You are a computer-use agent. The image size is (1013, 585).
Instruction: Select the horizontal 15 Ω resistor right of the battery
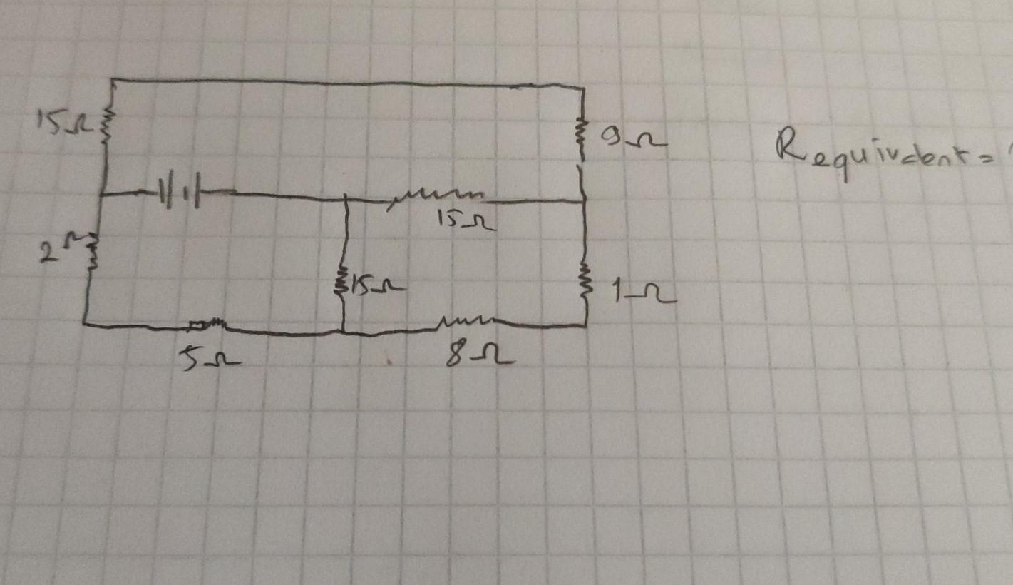(436, 196)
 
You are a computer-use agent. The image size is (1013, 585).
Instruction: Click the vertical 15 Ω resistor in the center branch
(343, 285)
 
